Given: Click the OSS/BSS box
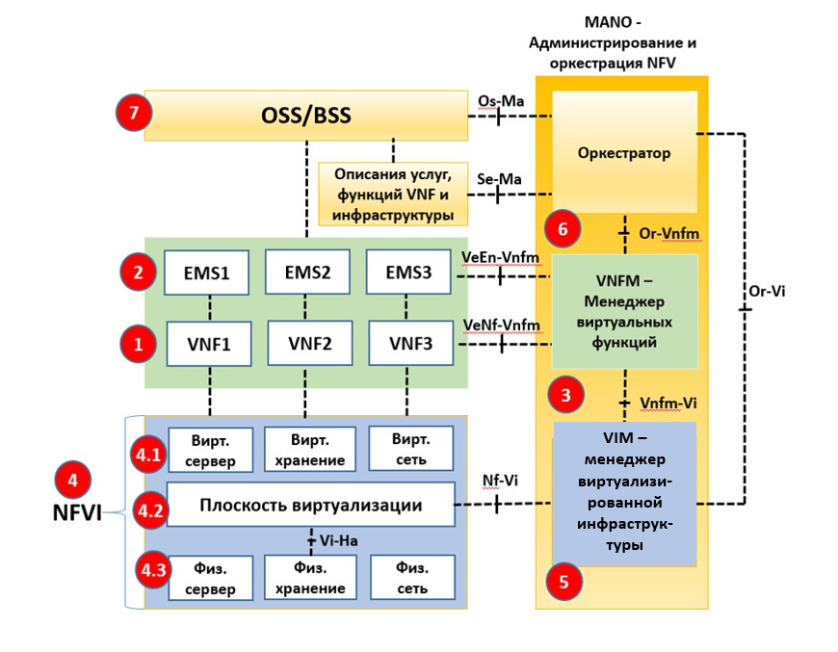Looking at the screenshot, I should coord(305,116).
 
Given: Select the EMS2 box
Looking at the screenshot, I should coord(307,273).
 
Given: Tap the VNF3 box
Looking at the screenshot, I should coord(411,342).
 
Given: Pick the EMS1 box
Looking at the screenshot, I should coord(206,273).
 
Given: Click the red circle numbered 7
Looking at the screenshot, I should coord(134,114).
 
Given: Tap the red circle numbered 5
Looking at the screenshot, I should coord(564,580).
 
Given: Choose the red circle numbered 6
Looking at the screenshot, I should coord(563,229).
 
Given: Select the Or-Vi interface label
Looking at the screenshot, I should coord(767,291).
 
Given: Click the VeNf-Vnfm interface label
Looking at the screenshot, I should coord(501,325).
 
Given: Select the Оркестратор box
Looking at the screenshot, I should coord(624,152).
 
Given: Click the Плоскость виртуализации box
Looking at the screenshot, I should coord(310,505).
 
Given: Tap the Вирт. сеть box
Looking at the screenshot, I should coord(411,449).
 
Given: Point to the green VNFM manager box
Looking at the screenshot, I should coord(624,310).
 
